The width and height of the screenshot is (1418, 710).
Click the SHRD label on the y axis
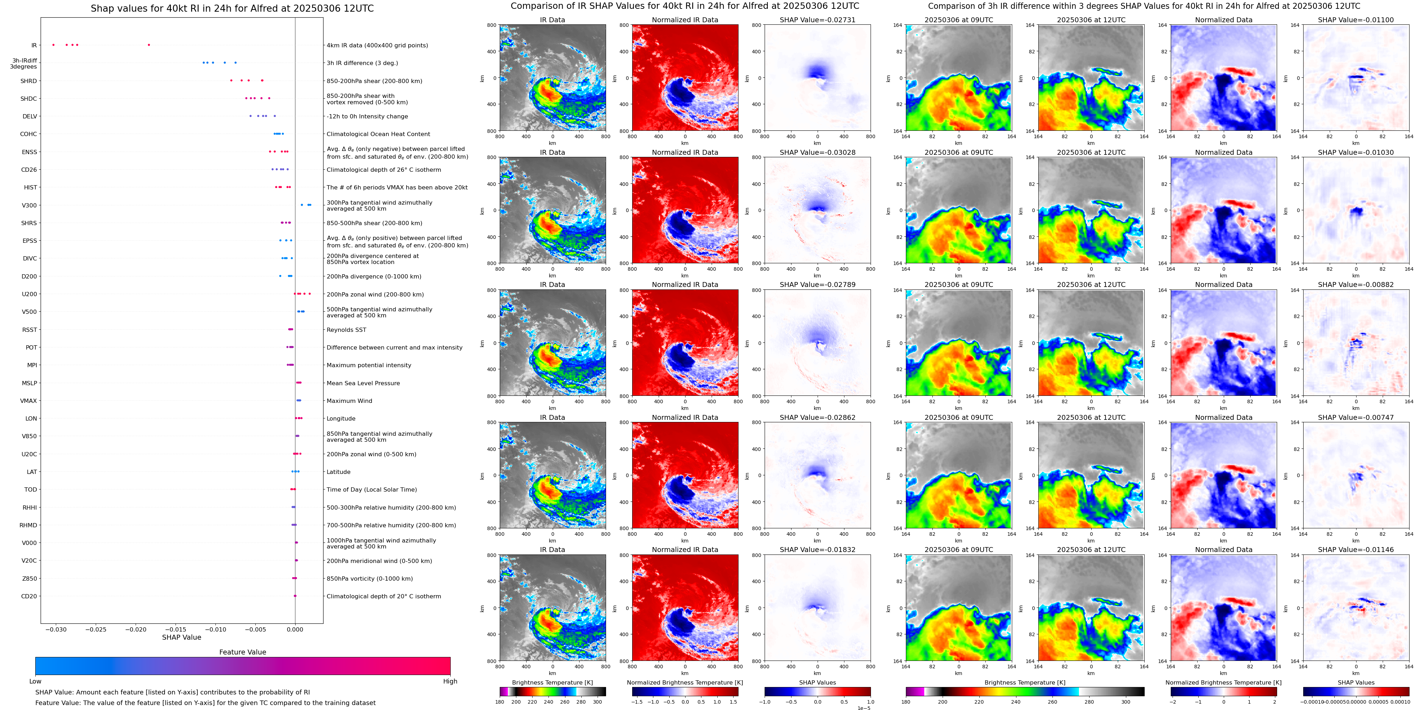click(29, 81)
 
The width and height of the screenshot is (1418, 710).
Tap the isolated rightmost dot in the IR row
click(149, 45)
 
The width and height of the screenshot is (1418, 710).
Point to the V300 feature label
click(29, 205)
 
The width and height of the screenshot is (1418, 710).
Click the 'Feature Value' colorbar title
click(242, 652)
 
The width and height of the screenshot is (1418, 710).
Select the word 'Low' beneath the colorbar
click(35, 681)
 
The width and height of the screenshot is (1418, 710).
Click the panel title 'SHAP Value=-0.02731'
click(818, 20)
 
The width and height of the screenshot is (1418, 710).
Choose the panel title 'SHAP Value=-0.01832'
click(818, 550)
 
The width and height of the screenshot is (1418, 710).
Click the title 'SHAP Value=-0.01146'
click(1356, 550)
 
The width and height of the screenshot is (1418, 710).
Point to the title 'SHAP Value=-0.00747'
click(1356, 417)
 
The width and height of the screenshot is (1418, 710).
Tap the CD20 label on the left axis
click(29, 596)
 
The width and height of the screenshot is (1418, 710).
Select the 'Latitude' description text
click(339, 472)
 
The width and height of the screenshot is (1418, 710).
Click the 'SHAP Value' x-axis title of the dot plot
click(182, 637)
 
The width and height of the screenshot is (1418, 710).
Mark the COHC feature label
click(29, 134)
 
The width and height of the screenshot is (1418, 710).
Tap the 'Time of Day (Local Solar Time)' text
click(372, 490)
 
